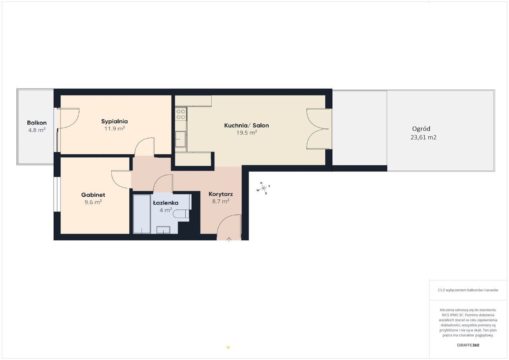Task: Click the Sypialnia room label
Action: pyautogui.click(x=115, y=122)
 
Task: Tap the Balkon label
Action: pyautogui.click(x=37, y=123)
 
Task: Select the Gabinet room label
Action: pyautogui.click(x=93, y=195)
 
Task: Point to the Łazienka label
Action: pyautogui.click(x=166, y=203)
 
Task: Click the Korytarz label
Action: pyautogui.click(x=221, y=194)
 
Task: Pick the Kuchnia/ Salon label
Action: pyautogui.click(x=247, y=125)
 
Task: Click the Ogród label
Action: pyautogui.click(x=421, y=129)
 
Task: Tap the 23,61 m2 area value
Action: pyautogui.click(x=424, y=137)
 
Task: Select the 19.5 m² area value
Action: pyautogui.click(x=247, y=133)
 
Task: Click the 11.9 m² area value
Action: pyautogui.click(x=115, y=128)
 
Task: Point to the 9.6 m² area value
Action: pyautogui.click(x=93, y=202)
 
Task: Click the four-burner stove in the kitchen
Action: pyautogui.click(x=181, y=114)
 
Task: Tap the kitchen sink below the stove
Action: pyautogui.click(x=181, y=139)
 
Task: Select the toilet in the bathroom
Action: pyautogui.click(x=181, y=214)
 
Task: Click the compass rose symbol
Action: pyautogui.click(x=264, y=188)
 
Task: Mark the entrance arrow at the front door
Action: pyautogui.click(x=229, y=240)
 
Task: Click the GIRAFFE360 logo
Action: pyautogui.click(x=468, y=345)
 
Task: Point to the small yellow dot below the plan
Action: pyautogui.click(x=228, y=347)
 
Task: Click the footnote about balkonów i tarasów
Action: pyautogui.click(x=468, y=290)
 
